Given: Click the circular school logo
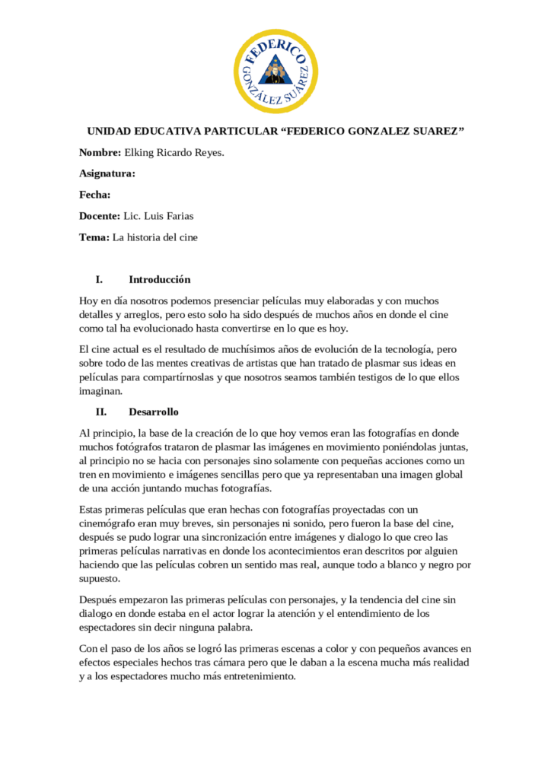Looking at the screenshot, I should (x=275, y=71).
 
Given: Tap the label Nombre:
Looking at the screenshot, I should (x=100, y=153).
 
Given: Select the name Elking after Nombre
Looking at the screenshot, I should (x=140, y=153).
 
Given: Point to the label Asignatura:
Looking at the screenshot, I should (x=107, y=173).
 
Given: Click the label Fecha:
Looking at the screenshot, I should (x=95, y=195).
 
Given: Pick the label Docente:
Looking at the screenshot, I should (x=100, y=216).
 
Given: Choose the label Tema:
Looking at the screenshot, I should (x=94, y=237).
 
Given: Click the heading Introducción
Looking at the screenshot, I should (x=159, y=279).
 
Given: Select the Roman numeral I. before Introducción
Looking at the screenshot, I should (x=99, y=279).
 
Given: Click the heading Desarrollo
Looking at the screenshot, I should (x=154, y=412).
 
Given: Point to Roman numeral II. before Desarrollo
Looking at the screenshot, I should (x=100, y=412).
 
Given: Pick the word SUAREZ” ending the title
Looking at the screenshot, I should (x=439, y=132).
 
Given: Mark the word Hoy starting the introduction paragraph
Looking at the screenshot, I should (x=89, y=300).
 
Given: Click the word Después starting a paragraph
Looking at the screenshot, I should (x=100, y=600).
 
